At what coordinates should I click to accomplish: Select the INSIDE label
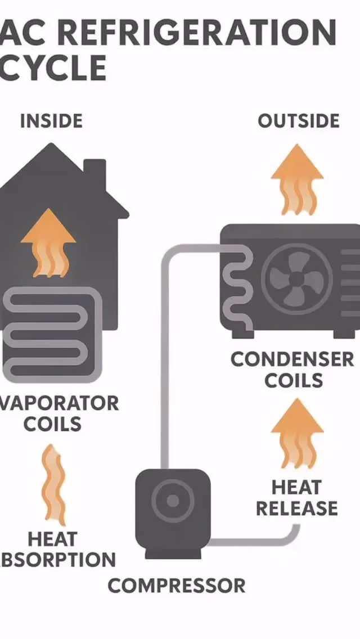51,121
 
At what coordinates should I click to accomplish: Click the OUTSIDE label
299,121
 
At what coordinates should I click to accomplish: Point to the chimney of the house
94,172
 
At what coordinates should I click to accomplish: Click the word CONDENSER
292,359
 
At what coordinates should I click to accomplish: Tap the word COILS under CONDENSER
294,381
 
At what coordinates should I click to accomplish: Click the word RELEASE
297,508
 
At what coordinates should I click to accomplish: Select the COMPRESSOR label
177,586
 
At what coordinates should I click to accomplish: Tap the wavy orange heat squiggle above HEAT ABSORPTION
53,484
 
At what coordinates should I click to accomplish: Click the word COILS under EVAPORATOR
52,424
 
